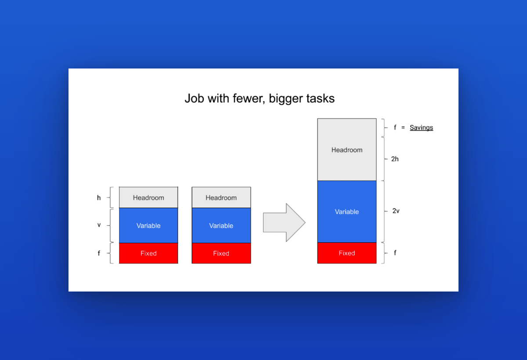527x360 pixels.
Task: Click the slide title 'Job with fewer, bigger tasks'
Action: pos(260,98)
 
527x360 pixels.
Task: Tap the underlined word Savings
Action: pos(421,128)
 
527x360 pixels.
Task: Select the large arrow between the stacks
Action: pos(284,223)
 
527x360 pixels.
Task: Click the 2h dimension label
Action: pos(395,159)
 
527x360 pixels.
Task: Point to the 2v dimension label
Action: pos(396,211)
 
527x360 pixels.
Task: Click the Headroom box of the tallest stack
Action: pos(347,150)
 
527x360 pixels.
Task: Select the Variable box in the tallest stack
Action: pos(347,212)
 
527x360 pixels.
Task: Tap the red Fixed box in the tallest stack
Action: pos(347,253)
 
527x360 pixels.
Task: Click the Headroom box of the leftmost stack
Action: pos(148,198)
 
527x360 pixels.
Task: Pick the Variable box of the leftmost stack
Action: pos(148,226)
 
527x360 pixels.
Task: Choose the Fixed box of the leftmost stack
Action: pos(148,253)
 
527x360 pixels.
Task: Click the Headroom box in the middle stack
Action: pos(221,198)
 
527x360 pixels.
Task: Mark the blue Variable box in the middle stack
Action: pos(221,226)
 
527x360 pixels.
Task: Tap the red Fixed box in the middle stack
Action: pos(221,253)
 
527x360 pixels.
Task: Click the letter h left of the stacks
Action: pos(99,198)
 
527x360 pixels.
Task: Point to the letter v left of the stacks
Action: pos(99,225)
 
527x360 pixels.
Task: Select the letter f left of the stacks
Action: pos(99,253)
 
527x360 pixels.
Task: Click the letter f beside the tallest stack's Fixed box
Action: pos(395,253)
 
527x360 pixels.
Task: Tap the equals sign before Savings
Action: pos(403,128)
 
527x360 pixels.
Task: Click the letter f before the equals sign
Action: pos(395,127)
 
